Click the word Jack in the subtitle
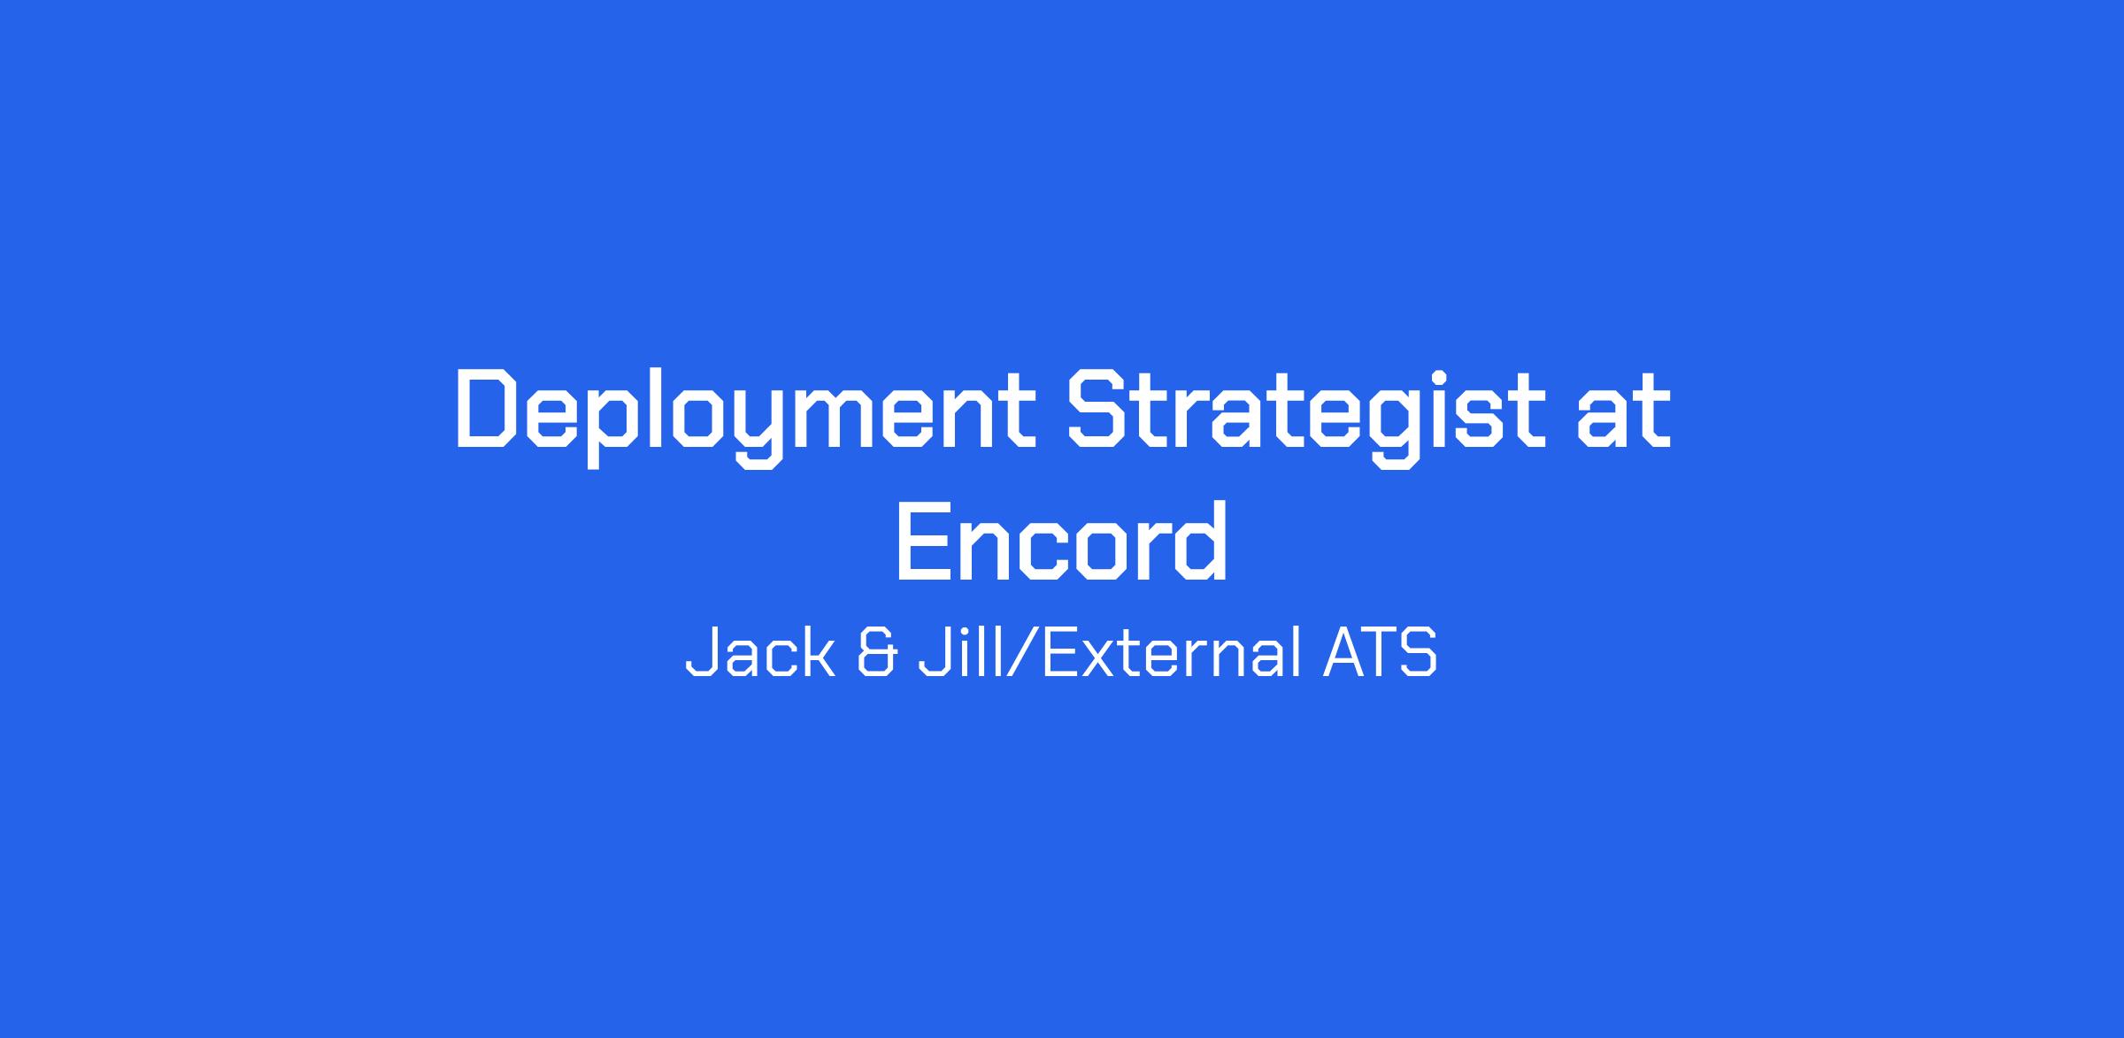click(760, 655)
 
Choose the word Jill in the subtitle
click(958, 655)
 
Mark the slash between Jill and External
click(1018, 656)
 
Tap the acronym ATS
click(1380, 655)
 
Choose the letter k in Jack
click(821, 655)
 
